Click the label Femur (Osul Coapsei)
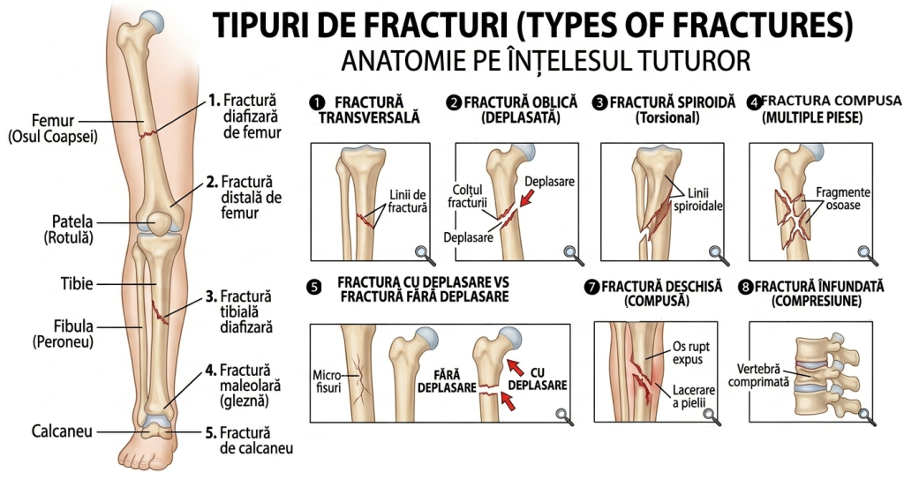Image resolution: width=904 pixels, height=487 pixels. (x=52, y=129)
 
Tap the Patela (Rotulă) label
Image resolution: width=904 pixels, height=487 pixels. (x=70, y=229)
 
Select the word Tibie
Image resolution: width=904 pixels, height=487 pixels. (x=78, y=283)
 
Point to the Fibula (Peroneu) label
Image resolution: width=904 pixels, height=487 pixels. (x=64, y=333)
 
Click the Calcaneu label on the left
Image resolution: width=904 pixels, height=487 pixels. (x=62, y=431)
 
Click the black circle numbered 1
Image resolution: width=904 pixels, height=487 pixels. (x=317, y=103)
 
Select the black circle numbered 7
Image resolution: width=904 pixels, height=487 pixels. (x=591, y=287)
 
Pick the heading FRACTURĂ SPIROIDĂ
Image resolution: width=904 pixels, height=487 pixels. (x=673, y=102)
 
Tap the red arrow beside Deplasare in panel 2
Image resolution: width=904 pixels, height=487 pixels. (x=527, y=199)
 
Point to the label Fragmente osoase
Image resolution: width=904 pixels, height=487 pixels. (x=842, y=199)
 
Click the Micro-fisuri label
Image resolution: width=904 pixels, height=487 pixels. (x=328, y=381)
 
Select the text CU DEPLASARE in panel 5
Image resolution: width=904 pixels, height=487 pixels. (x=538, y=378)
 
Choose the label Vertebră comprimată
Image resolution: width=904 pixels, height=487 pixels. (x=758, y=375)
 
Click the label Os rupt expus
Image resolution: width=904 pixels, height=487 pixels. (x=690, y=353)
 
